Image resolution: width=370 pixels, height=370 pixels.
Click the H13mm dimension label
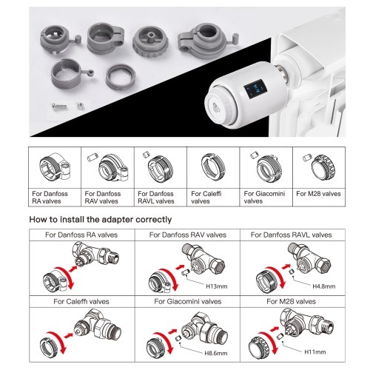pos(216,286)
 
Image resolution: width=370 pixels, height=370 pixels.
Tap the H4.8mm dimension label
pos(323,286)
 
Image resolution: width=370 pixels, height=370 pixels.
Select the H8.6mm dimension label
pos(216,353)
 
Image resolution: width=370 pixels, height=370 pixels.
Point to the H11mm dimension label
pos(315,351)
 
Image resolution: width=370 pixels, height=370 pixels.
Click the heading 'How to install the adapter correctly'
pos(101,219)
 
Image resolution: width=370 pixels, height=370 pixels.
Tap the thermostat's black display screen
pos(255,89)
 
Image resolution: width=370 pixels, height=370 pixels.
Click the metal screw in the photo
pos(59,107)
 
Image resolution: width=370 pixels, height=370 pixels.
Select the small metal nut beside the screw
pos(80,106)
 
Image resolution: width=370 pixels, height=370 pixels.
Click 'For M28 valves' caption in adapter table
pos(318,194)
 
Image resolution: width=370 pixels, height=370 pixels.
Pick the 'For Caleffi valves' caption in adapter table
pos(206,198)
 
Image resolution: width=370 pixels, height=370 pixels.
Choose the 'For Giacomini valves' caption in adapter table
pos(264,198)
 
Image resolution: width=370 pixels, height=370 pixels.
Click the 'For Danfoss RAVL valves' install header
pos(291,235)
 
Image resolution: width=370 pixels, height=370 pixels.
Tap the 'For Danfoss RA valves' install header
pos(81,235)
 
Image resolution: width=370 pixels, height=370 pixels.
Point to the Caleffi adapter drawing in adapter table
pos(213,168)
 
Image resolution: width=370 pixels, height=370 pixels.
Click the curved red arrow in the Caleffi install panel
pos(57,343)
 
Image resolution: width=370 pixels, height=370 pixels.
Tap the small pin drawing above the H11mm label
pos(280,336)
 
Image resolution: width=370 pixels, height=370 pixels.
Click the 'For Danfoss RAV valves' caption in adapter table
pos(103,198)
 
